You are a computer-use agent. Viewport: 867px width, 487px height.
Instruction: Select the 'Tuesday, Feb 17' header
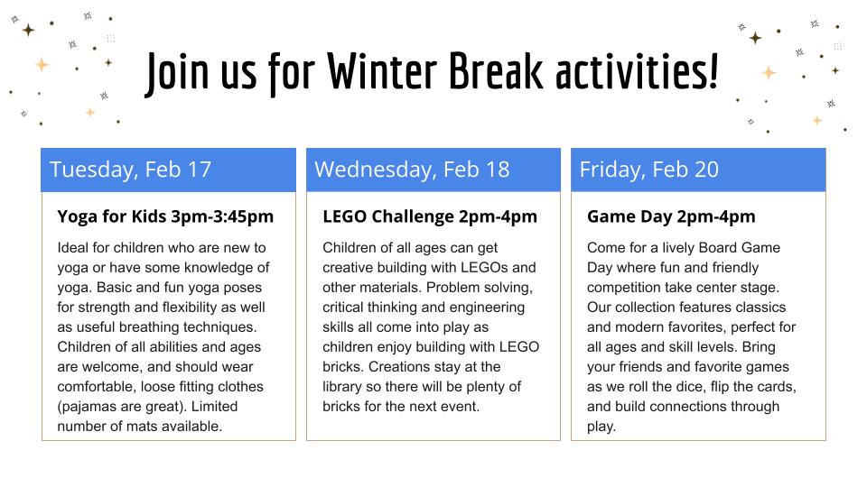pyautogui.click(x=130, y=170)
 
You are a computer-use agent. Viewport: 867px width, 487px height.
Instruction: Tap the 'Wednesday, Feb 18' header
pyautogui.click(x=412, y=170)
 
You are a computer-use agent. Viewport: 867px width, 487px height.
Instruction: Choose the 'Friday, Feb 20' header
pyautogui.click(x=648, y=170)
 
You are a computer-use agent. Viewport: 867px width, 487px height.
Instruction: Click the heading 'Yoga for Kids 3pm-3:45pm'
pyautogui.click(x=165, y=216)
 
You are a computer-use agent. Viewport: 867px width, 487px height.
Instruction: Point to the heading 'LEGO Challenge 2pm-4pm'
pyautogui.click(x=430, y=216)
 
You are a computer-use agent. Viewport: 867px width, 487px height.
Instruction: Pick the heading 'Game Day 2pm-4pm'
pyautogui.click(x=671, y=216)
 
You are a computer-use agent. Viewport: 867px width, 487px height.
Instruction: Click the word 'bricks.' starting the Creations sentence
pyautogui.click(x=343, y=367)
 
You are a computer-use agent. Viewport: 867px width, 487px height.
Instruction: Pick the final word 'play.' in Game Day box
pyautogui.click(x=601, y=427)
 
